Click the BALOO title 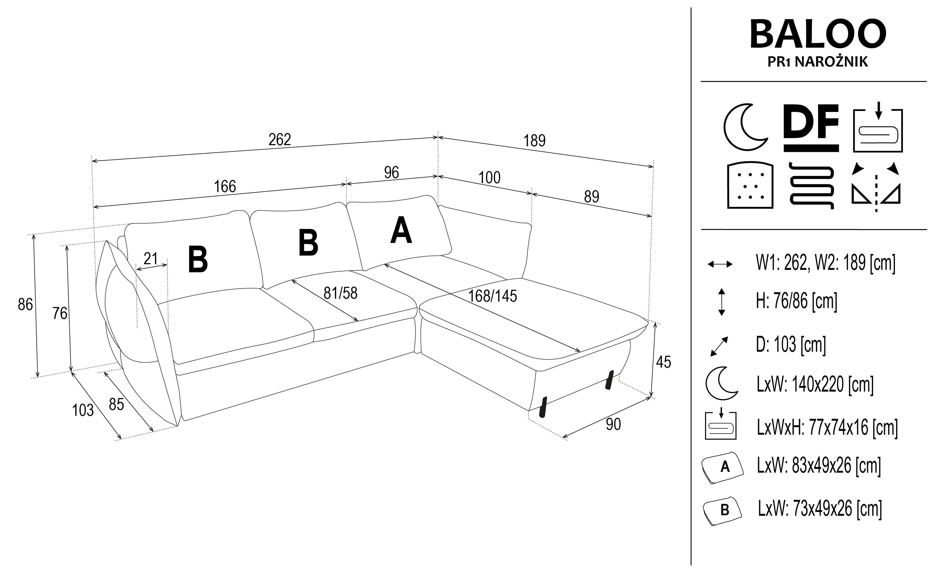[818, 35]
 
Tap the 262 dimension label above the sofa [280, 139]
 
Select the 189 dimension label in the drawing [534, 141]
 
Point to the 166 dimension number [225, 187]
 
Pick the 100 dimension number [489, 178]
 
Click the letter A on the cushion [401, 231]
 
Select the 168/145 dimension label [492, 297]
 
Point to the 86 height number [25, 305]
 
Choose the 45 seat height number [663, 362]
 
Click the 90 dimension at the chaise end [613, 424]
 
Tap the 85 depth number [116, 405]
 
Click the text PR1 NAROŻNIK [818, 62]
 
